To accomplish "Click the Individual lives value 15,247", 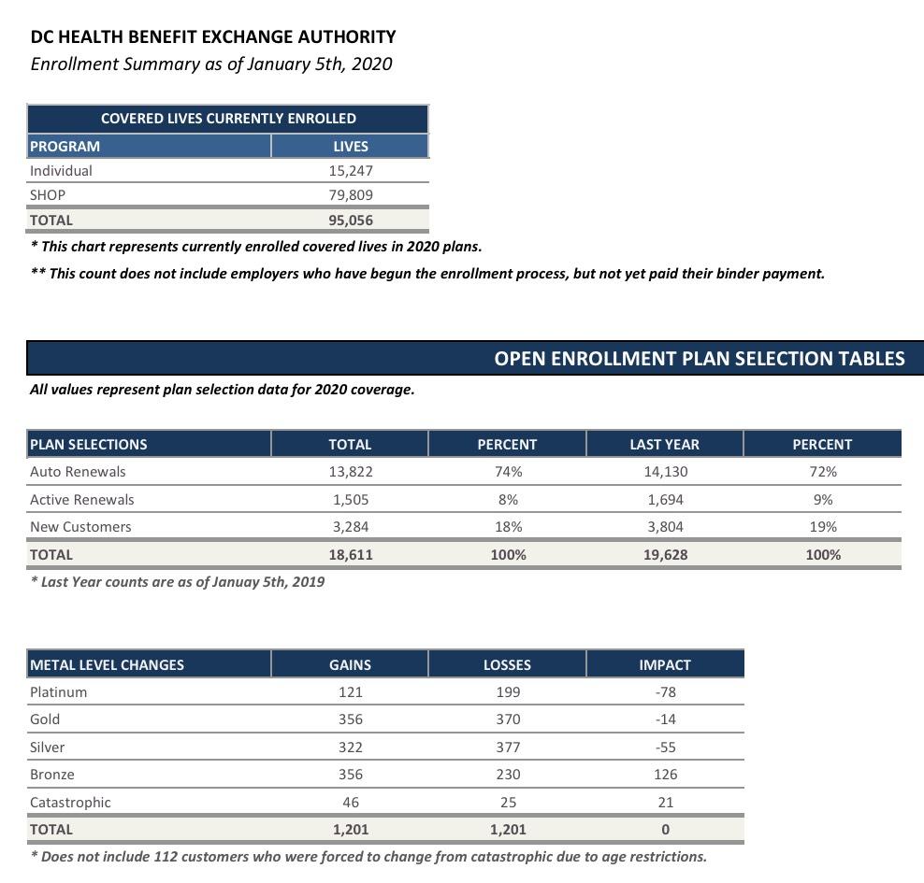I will [351, 171].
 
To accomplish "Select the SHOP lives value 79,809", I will [351, 195].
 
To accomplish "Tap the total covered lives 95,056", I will [351, 221].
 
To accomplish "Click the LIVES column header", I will [351, 147].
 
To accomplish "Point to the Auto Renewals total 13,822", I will [350, 472].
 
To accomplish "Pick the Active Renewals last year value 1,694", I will [665, 500].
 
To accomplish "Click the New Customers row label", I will [80, 527].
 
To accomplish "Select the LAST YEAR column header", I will [664, 445].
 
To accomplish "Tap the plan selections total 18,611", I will [350, 555].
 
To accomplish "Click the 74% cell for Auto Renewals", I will [508, 472].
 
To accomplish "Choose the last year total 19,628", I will [665, 555].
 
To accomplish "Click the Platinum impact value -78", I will [665, 692].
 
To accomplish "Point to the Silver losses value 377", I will [508, 748].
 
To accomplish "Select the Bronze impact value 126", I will [665, 775].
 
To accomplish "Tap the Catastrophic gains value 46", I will [350, 803].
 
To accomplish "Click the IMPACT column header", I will [665, 665].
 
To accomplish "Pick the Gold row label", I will [45, 719].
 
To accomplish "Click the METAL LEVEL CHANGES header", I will [107, 665].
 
